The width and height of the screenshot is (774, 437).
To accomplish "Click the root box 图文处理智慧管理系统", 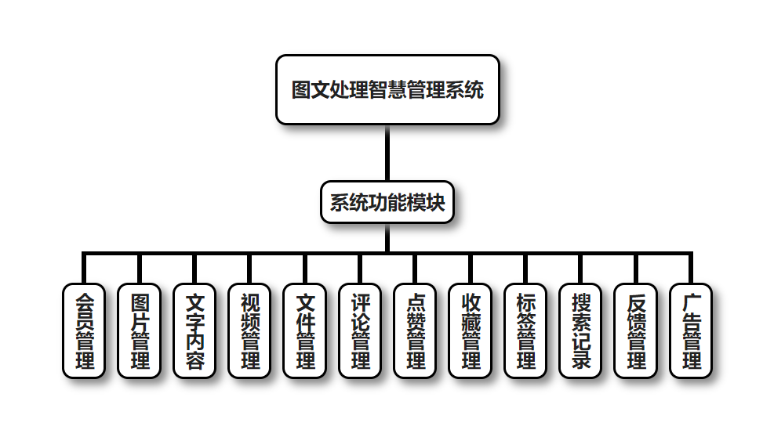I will [x=387, y=89].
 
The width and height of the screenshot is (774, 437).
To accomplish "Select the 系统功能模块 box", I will [x=387, y=203].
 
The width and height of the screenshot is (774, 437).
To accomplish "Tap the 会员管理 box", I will [x=83, y=330].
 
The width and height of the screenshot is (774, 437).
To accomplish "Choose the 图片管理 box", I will [x=139, y=330].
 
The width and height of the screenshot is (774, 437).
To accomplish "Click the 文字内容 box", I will [x=194, y=330].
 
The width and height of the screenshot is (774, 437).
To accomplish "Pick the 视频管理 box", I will [x=249, y=330].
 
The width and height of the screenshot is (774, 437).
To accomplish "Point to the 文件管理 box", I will [x=304, y=330].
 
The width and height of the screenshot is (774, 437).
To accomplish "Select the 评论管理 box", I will [x=360, y=330].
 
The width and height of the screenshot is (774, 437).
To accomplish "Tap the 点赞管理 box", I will [x=415, y=330].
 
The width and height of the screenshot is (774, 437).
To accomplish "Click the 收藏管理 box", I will [x=471, y=330].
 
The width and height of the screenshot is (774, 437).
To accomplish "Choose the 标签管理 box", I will [x=525, y=330].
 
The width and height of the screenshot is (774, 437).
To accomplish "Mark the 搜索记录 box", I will [x=581, y=330].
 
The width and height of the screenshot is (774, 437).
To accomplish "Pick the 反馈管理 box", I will [x=636, y=330].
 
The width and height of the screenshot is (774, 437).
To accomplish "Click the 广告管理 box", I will [x=691, y=330].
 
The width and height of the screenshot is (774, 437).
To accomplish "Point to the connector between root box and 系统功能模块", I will [x=387, y=153].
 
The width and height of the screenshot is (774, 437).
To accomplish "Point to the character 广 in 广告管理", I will [x=691, y=302].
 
